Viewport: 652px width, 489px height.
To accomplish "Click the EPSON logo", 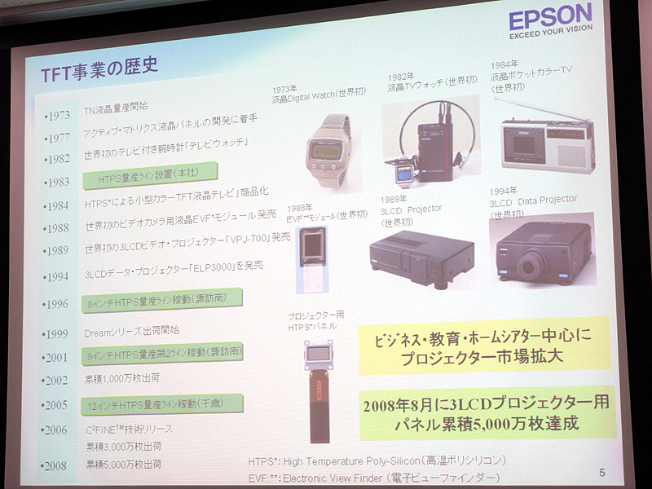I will coord(550,17).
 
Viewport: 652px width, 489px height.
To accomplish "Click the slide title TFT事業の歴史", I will coord(99,70).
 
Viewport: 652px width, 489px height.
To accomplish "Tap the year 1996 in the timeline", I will coord(56,303).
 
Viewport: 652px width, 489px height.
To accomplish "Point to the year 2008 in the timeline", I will coord(56,465).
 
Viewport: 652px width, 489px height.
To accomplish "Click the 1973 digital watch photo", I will coord(328,145).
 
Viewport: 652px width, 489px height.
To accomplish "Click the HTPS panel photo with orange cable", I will coord(319,383).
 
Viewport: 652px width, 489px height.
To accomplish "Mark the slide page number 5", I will coord(601,471).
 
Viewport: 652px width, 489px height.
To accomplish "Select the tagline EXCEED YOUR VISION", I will coord(550,37).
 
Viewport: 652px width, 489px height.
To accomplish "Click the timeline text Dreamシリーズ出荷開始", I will coord(131,332).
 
